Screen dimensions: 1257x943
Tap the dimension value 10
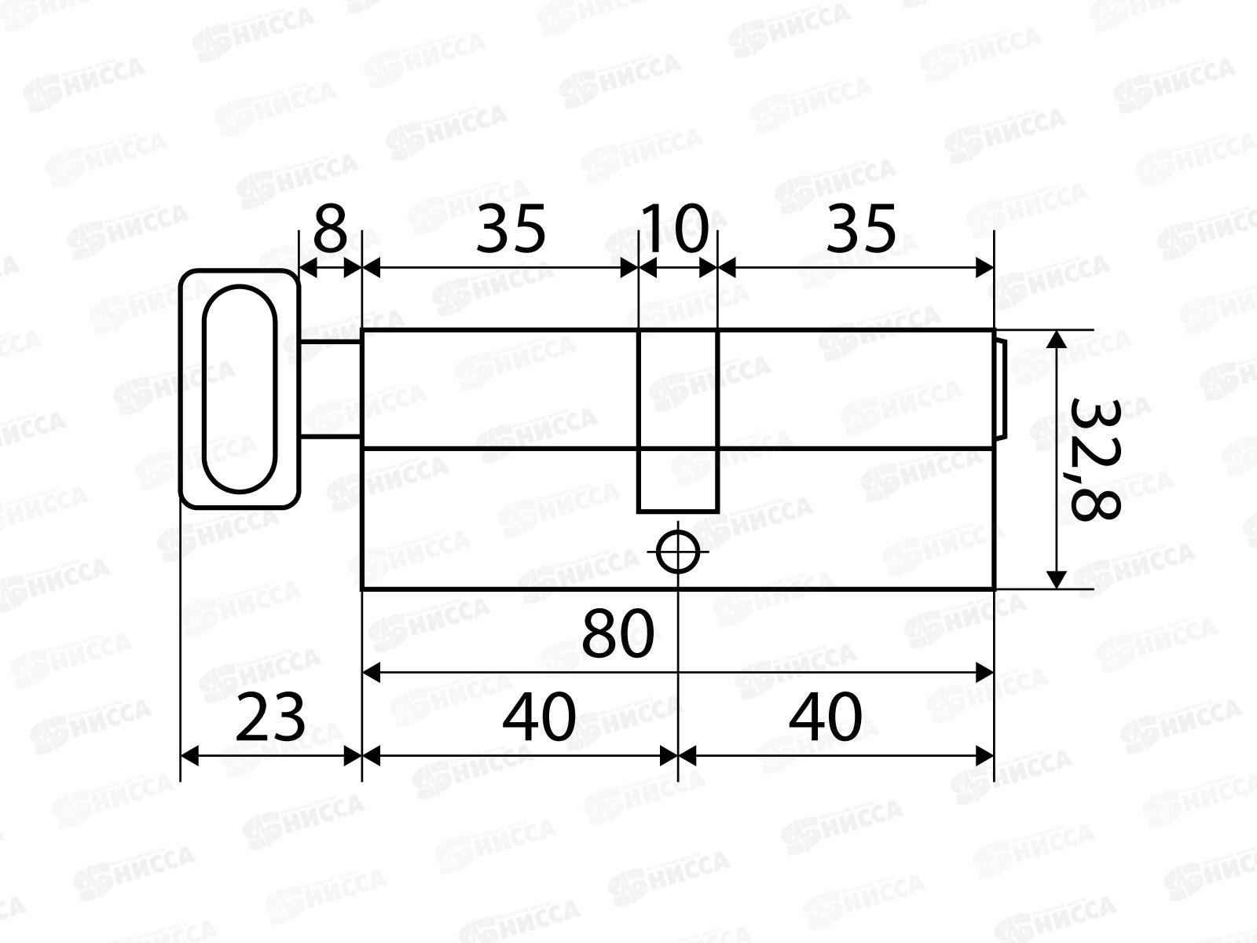pos(675,229)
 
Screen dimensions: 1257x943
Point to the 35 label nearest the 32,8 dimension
pos(861,229)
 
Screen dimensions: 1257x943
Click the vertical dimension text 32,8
pos(1094,460)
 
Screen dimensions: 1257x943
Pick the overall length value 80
pos(618,634)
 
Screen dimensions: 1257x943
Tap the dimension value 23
pos(270,717)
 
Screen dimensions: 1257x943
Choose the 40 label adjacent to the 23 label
pos(539,717)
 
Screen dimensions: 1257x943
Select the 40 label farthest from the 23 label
pos(825,717)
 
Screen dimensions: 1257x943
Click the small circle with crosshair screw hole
pos(678,552)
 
